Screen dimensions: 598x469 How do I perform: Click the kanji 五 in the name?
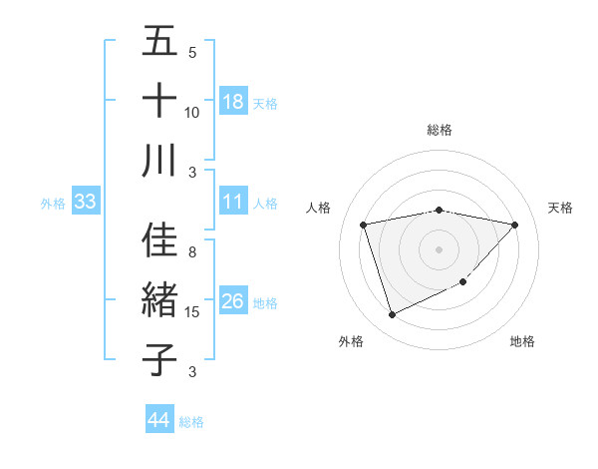pyautogui.click(x=159, y=42)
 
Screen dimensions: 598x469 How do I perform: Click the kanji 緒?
pyautogui.click(x=159, y=300)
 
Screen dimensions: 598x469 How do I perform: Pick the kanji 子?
pyautogui.click(x=159, y=358)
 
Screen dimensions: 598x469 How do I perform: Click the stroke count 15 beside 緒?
pyautogui.click(x=192, y=312)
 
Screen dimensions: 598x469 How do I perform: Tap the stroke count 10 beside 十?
pyautogui.click(x=192, y=112)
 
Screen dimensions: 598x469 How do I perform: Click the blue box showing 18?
pyautogui.click(x=233, y=102)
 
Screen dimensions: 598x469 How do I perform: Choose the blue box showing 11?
pyautogui.click(x=233, y=203)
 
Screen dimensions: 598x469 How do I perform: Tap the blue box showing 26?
pyautogui.click(x=233, y=302)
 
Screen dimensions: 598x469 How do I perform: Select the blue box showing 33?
pyautogui.click(x=85, y=203)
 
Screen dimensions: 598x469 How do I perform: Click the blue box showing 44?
pyautogui.click(x=158, y=420)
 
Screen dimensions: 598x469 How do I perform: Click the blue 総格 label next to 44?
pyautogui.click(x=191, y=422)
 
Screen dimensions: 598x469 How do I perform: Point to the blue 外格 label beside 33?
pyautogui.click(x=53, y=204)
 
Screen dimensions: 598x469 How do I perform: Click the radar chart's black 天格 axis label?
pyautogui.click(x=560, y=208)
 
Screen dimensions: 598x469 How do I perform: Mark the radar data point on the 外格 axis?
pyautogui.click(x=392, y=315)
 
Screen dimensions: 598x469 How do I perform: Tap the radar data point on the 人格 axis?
pyautogui.click(x=364, y=226)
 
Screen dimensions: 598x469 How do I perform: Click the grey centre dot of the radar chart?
pyautogui.click(x=439, y=248)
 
